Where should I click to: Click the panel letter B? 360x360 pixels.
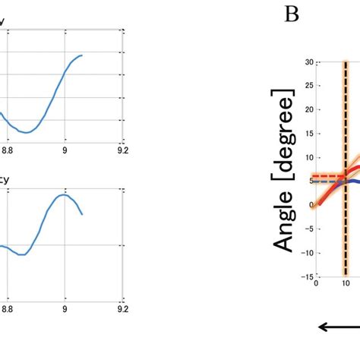point(291,14)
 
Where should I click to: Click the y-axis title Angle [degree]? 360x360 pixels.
point(286,174)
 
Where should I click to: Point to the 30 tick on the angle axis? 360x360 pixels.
point(308,62)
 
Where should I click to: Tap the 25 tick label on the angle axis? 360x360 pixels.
point(308,86)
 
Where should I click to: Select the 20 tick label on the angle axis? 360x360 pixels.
point(308,109)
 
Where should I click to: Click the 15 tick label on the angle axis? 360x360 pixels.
point(308,134)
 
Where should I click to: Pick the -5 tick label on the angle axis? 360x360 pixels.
point(308,229)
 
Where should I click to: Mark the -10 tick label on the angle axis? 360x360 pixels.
point(306,252)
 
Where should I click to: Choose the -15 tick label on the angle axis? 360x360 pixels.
point(306,276)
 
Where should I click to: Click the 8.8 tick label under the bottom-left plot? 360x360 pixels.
point(8,309)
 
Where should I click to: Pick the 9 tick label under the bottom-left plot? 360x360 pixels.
point(65,309)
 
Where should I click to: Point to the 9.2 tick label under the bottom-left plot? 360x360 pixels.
point(123,309)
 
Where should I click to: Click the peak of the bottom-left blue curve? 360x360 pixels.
point(65,194)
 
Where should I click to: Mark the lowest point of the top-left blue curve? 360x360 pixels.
point(27,133)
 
